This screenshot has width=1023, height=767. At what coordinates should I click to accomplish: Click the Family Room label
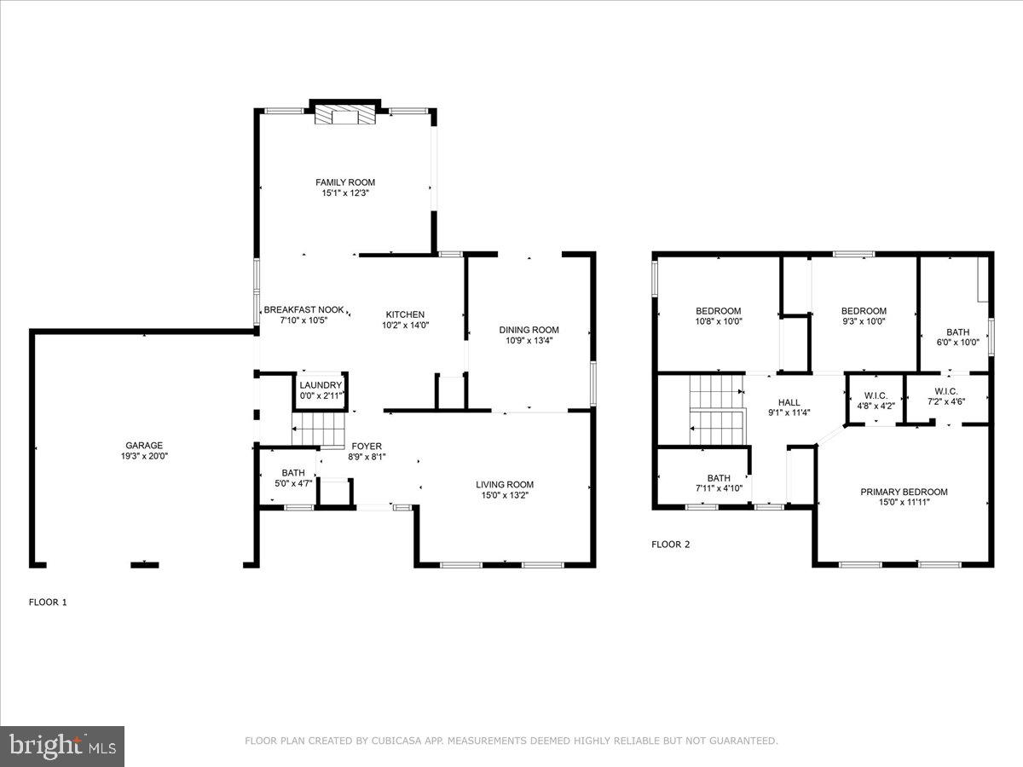click(345, 182)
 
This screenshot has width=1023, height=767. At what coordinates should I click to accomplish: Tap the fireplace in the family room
click(345, 115)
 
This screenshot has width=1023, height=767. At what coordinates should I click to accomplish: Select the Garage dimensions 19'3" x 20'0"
click(144, 455)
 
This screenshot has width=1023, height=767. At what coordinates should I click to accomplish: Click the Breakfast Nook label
click(303, 310)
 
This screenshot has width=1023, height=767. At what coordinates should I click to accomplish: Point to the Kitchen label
click(404, 314)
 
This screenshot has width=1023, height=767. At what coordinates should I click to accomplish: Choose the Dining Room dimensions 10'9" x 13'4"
click(529, 341)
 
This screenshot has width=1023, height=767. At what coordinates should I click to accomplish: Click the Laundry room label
click(320, 385)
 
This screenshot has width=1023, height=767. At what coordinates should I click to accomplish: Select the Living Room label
click(505, 485)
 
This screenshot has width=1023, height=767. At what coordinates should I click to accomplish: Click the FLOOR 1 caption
click(48, 602)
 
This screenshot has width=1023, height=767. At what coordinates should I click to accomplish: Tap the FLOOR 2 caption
click(670, 544)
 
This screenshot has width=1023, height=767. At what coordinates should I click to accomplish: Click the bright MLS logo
click(62, 747)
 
